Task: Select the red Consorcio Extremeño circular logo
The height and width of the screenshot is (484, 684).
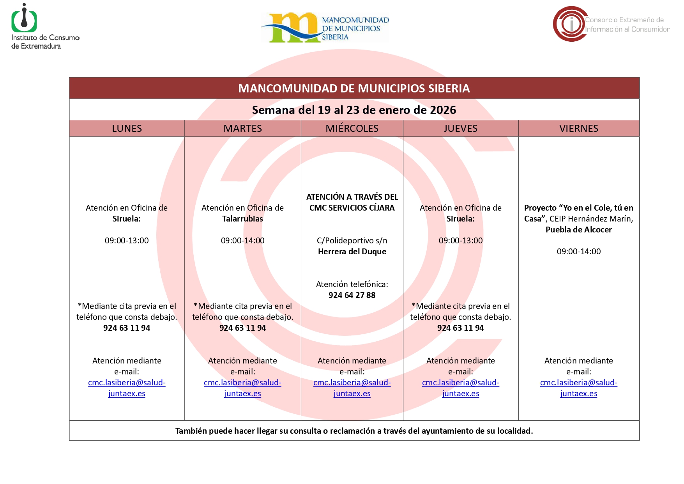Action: click(570, 24)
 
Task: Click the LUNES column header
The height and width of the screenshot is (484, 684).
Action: click(127, 128)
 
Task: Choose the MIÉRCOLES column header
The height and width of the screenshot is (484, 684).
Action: click(352, 128)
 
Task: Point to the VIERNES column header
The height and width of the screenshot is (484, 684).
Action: click(578, 128)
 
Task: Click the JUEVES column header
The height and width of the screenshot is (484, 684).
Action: click(460, 128)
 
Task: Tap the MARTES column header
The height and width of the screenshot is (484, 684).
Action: click(242, 128)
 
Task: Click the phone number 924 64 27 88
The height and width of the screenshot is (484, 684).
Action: click(352, 295)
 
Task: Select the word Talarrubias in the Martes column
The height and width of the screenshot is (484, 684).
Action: click(242, 219)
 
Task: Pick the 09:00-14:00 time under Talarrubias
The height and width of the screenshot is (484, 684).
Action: click(242, 241)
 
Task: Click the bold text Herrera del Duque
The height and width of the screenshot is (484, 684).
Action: click(352, 252)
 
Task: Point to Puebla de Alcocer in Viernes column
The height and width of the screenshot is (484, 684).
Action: click(578, 230)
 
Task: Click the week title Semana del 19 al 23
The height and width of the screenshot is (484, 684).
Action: click(354, 110)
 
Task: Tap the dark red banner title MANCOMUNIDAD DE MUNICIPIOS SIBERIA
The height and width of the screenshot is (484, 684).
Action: click(354, 89)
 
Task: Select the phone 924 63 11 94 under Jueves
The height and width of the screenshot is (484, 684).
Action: click(460, 328)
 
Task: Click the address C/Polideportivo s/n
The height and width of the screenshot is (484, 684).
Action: click(352, 241)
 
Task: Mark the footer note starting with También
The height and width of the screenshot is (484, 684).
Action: click(354, 431)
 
